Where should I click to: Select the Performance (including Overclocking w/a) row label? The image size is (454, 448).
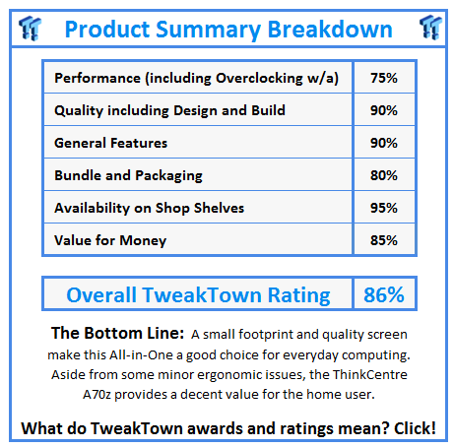[203, 78]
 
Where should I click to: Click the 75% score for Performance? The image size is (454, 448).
[383, 78]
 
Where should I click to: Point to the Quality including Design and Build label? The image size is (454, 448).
[169, 110]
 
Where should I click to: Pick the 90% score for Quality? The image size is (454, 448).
[383, 110]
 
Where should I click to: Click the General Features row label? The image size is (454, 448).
[110, 143]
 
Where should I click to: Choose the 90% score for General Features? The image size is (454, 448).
[383, 143]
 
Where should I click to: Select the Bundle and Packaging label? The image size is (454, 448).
[128, 175]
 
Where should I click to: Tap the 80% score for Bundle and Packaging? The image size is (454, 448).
[383, 175]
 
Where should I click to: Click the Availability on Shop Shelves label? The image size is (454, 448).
[149, 208]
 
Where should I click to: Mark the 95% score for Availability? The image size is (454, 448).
[383, 208]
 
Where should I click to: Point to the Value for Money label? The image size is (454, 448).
[110, 240]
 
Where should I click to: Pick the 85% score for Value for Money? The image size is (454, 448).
[383, 240]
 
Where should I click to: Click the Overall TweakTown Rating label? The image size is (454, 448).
[199, 294]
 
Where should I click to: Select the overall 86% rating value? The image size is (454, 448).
[382, 294]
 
